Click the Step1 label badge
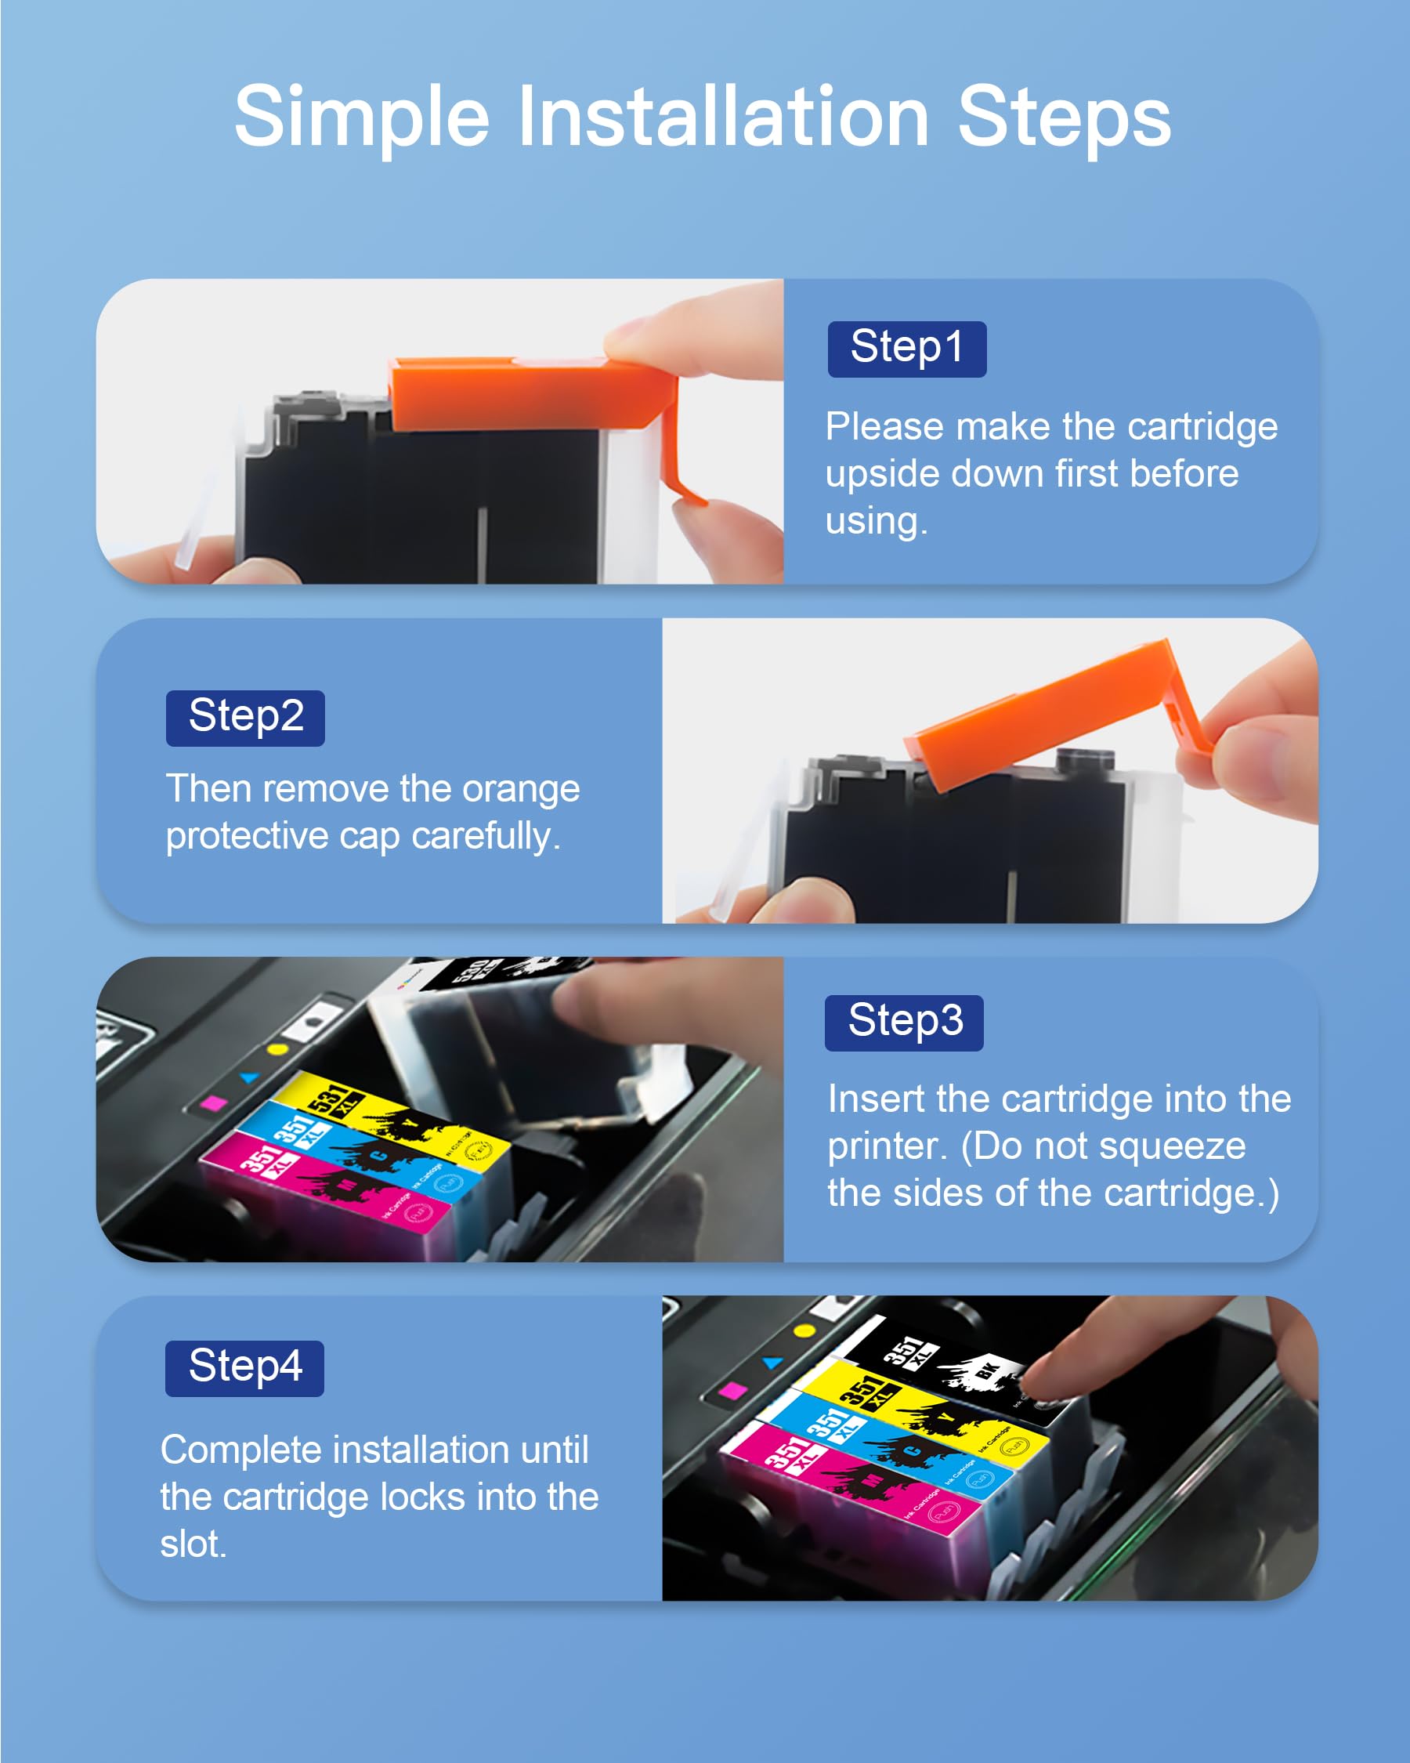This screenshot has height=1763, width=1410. pos(906,349)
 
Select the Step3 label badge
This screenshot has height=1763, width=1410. pos(904,1023)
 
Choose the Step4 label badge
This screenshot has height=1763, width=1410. pos(244,1368)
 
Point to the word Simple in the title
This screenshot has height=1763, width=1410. pos(361,118)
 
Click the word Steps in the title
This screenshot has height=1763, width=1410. pos(1064,118)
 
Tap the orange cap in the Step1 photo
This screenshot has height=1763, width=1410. pos(523,395)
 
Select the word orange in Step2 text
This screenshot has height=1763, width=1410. pos(521,789)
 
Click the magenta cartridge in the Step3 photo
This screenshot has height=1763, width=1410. pos(327,1186)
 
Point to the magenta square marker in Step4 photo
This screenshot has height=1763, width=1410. pos(733,1390)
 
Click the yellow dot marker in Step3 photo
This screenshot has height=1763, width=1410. pos(278,1048)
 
